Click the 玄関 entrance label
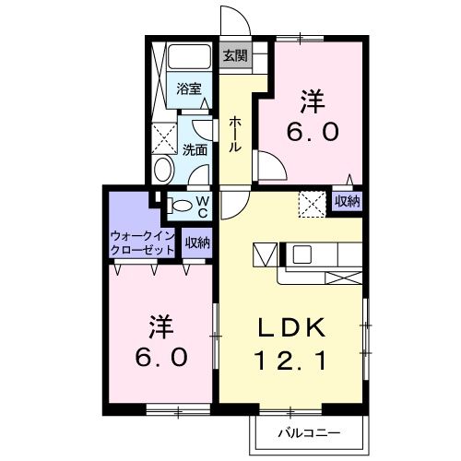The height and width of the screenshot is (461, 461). coord(234,54)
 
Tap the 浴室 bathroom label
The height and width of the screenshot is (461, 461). coord(190,90)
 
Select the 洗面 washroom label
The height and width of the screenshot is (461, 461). coord(195,148)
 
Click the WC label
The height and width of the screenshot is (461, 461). coord(202,206)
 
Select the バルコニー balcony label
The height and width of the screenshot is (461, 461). coord(309,432)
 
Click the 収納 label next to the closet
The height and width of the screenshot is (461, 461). coord(196,242)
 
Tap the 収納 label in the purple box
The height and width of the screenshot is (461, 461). coord(347,201)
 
